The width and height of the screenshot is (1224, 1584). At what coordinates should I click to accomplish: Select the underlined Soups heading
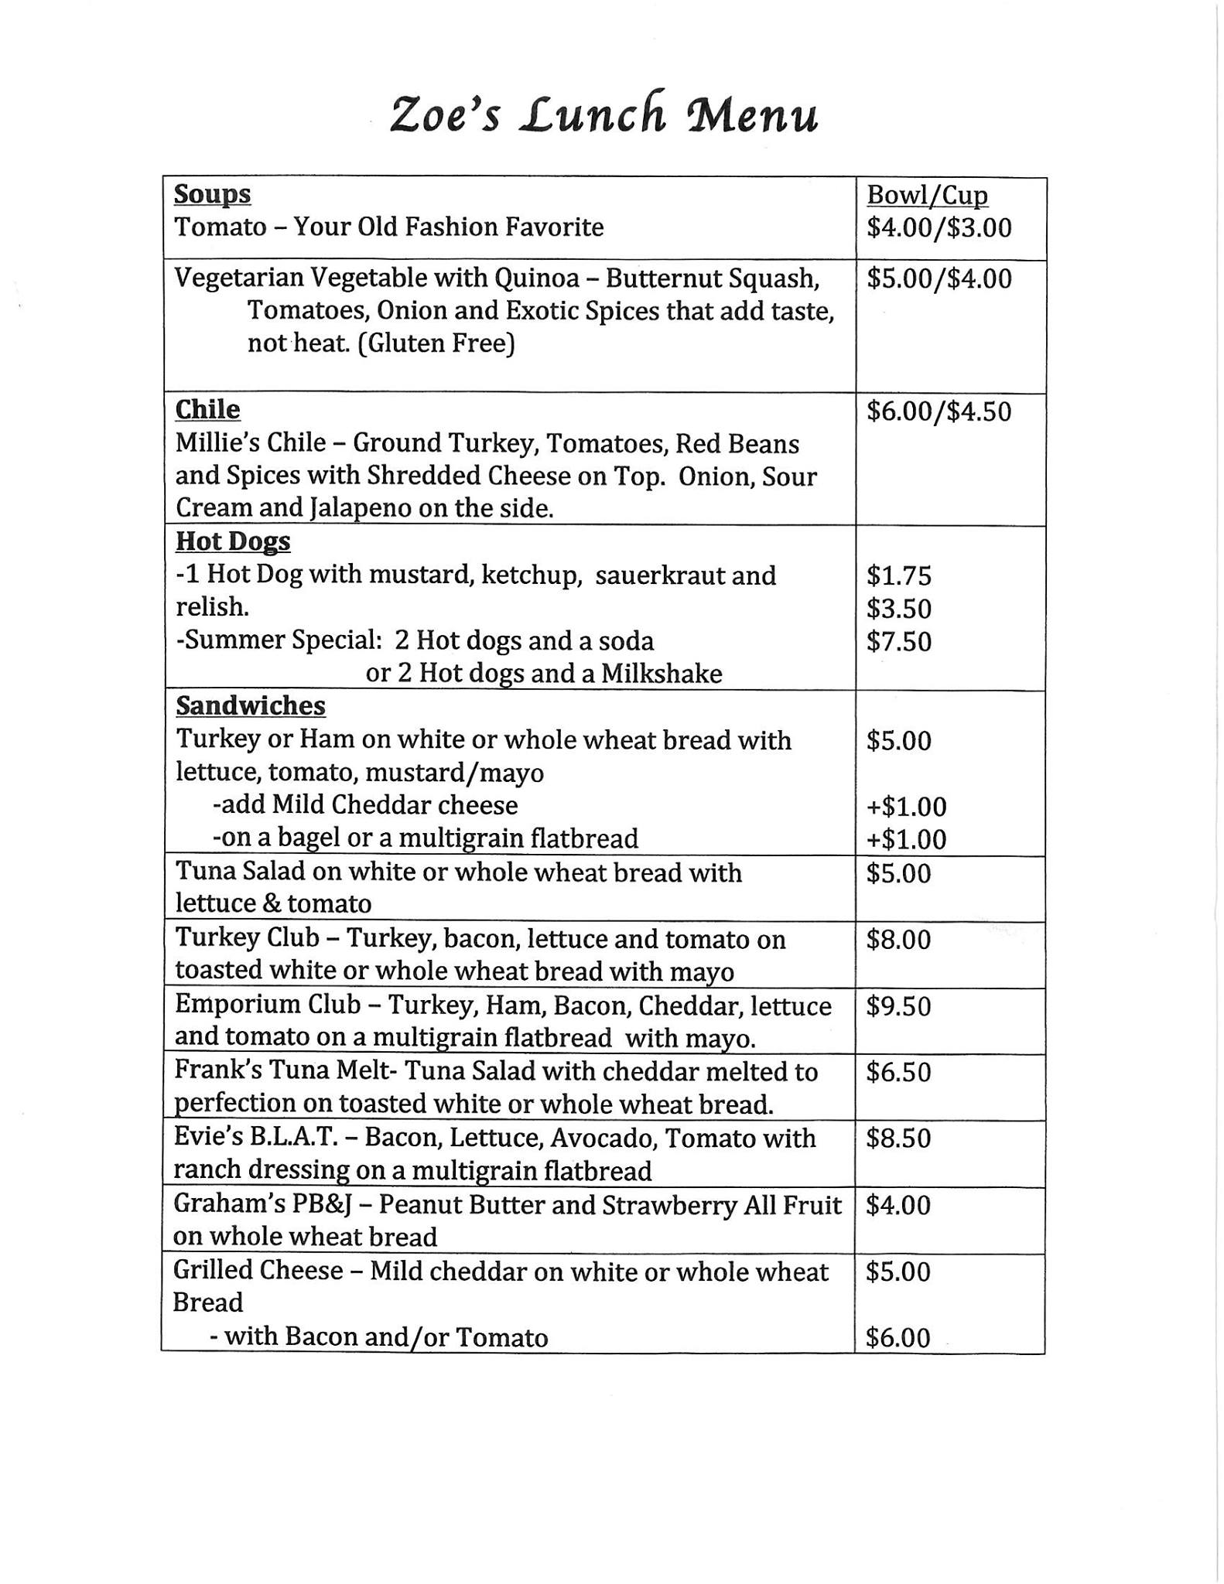212,194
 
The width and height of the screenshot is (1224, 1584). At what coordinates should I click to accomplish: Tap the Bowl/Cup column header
927,196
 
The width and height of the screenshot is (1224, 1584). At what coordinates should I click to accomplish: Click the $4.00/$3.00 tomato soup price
939,228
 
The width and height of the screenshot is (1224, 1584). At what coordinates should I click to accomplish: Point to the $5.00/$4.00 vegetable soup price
939,279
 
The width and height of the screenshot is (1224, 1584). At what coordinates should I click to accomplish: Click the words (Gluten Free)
436,343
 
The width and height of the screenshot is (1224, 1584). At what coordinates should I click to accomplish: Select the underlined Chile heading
207,409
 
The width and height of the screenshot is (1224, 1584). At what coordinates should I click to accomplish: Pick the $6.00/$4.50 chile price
939,411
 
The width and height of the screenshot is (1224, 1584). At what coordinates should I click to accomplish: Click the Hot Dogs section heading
233,541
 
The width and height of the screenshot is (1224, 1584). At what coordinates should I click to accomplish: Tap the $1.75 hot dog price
899,576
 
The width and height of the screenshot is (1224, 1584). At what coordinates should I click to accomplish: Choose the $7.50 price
899,642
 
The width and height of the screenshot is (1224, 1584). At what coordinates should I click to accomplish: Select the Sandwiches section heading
251,706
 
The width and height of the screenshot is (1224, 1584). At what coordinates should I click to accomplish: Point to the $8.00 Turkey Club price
898,940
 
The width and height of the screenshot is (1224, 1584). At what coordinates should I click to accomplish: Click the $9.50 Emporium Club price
898,1007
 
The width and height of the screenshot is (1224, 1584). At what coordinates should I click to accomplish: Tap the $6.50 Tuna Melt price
898,1074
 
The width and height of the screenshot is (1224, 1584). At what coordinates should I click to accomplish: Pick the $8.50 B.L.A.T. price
898,1139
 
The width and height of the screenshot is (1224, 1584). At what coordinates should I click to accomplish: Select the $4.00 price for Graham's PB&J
898,1206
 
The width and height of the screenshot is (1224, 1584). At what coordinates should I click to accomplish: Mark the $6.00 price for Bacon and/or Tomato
898,1338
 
